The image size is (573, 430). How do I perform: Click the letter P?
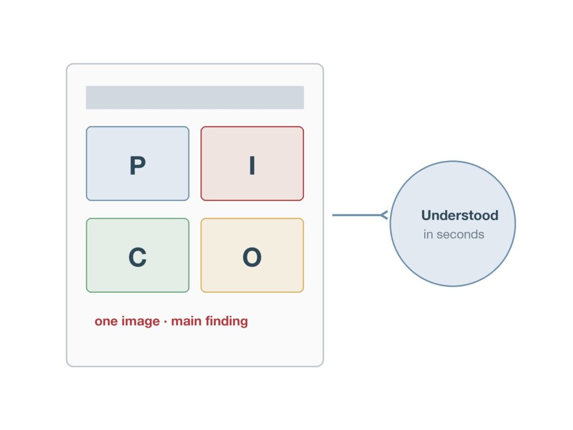click(x=138, y=166)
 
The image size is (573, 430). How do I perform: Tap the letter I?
click(x=252, y=166)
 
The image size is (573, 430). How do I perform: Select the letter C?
click(x=138, y=257)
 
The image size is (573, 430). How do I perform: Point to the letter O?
click(x=252, y=257)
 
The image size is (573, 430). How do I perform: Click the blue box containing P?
click(x=138, y=163)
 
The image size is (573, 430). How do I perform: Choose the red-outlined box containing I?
click(x=252, y=163)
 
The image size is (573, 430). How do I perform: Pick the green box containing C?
click(x=138, y=255)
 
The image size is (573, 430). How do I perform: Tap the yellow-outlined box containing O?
click(x=252, y=255)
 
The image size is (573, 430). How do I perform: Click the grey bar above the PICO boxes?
click(x=195, y=97)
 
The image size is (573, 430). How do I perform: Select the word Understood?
click(x=460, y=216)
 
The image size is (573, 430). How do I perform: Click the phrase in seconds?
click(x=454, y=235)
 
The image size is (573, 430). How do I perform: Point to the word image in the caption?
click(x=140, y=321)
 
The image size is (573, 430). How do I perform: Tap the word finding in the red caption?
click(x=227, y=321)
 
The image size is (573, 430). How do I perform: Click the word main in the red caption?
click(x=186, y=321)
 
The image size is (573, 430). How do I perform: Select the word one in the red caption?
click(x=106, y=321)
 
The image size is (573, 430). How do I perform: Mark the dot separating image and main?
click(x=165, y=322)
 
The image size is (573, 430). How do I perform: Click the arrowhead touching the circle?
click(x=384, y=215)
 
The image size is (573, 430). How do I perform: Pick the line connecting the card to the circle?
click(x=359, y=215)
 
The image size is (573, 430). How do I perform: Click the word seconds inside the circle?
click(x=461, y=235)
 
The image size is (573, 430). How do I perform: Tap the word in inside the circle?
click(x=428, y=235)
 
